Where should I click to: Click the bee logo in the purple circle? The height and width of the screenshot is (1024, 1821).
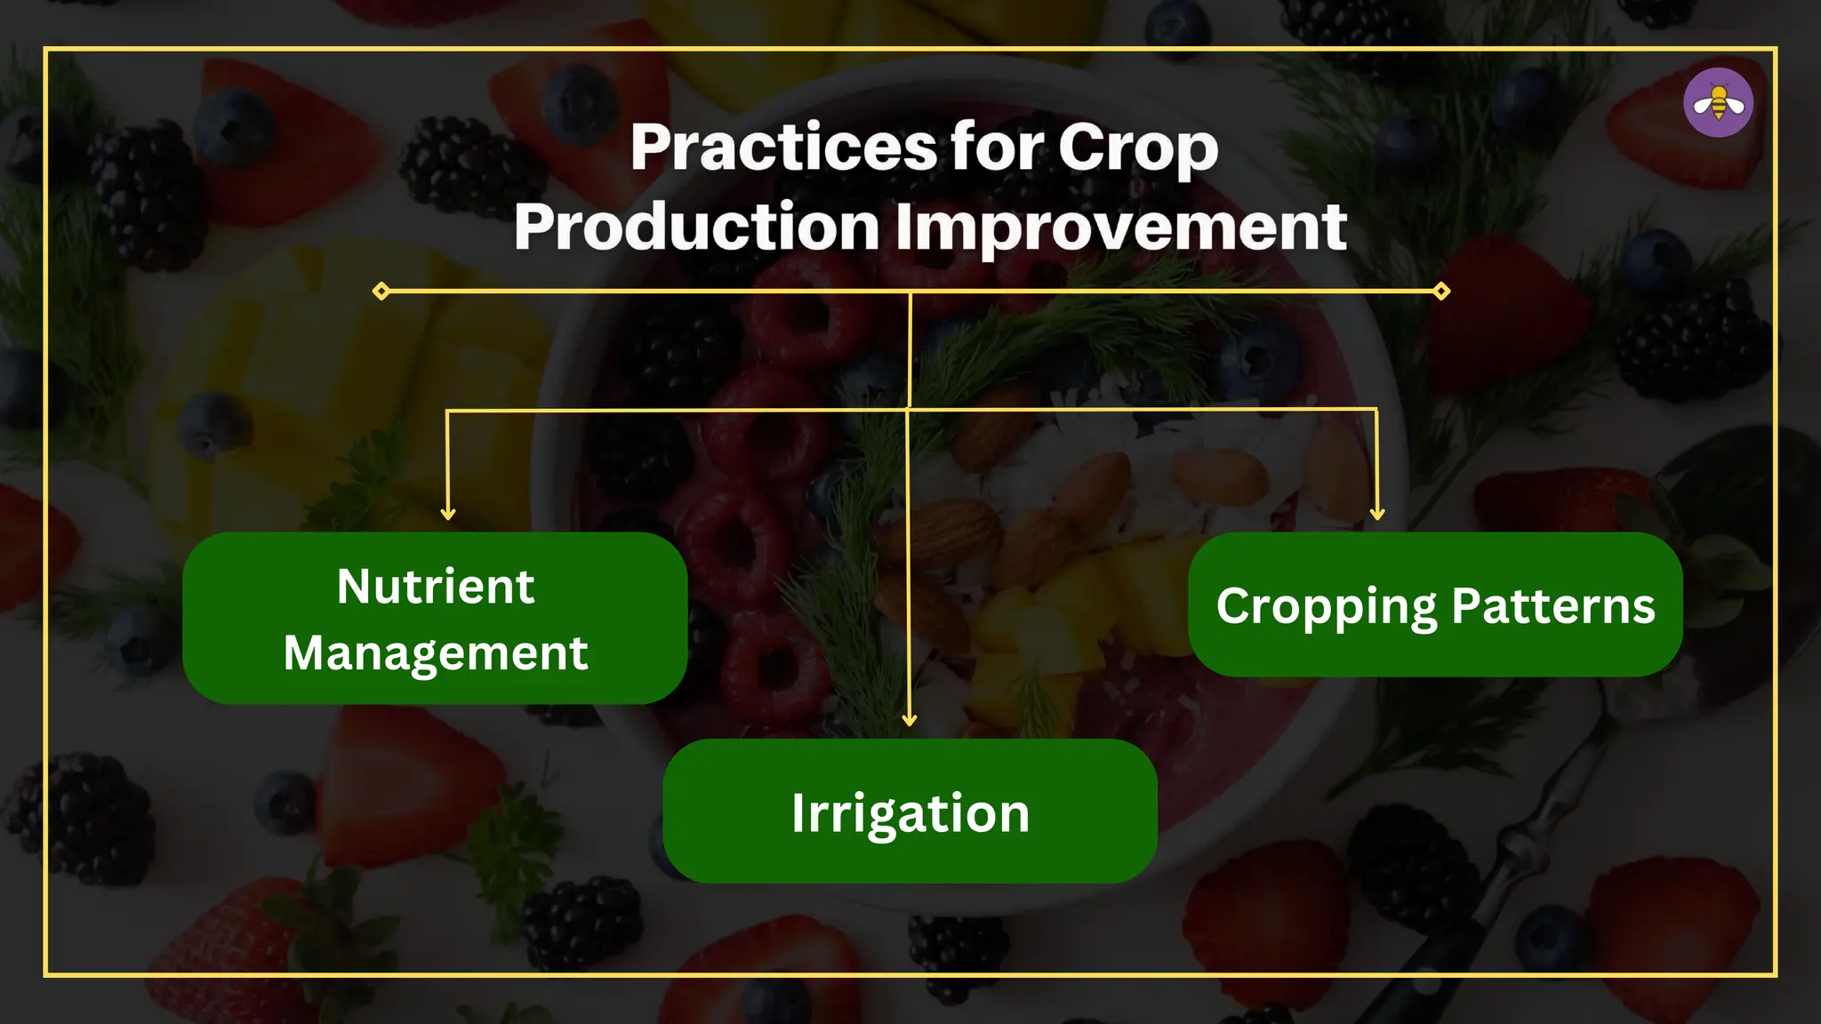tap(1718, 103)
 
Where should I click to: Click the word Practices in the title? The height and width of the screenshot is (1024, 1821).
tap(782, 148)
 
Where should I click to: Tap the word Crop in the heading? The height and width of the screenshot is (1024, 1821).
tap(1137, 148)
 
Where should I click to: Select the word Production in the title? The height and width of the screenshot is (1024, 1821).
tap(696, 227)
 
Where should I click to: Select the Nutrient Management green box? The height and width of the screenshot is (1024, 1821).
tap(434, 619)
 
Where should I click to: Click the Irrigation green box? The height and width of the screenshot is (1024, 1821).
tap(910, 811)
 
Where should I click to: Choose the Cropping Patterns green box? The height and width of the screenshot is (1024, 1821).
tap(1435, 604)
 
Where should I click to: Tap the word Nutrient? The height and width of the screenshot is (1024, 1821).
tap(435, 587)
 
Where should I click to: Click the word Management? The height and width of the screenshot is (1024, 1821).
tap(435, 653)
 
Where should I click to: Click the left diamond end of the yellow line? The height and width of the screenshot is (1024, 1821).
tap(381, 291)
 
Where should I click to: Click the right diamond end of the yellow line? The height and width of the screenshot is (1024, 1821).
tap(1441, 291)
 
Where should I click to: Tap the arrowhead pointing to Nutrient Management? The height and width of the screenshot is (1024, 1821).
tap(448, 514)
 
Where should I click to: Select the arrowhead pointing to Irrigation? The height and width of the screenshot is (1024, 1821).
tap(909, 719)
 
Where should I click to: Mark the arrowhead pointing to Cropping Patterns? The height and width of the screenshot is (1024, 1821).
tap(1377, 513)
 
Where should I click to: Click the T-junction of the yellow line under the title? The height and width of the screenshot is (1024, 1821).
tap(910, 292)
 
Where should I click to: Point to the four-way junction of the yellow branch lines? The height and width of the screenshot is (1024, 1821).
tap(908, 410)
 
